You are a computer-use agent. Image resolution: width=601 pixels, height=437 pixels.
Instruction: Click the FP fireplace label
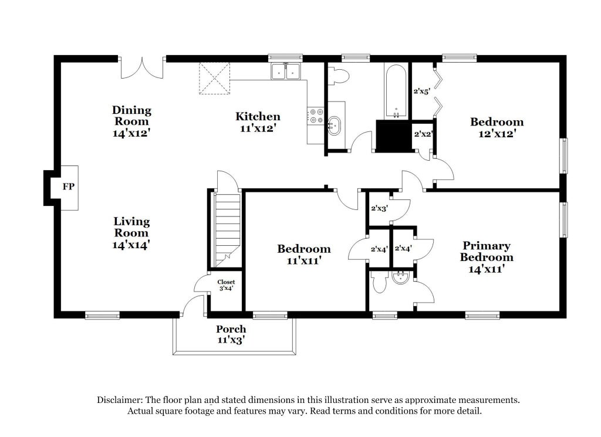click(69, 187)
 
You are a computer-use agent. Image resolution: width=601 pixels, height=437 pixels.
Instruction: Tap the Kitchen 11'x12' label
click(258, 122)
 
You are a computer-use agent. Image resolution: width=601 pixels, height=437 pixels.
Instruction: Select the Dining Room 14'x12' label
click(131, 121)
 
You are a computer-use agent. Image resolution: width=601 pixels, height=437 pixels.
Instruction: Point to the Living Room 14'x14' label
click(131, 233)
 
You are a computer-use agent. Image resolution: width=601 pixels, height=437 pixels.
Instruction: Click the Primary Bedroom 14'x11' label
click(487, 257)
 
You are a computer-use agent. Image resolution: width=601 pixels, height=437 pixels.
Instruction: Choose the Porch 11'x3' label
click(231, 334)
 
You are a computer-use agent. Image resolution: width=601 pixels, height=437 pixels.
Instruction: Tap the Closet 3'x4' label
click(226, 285)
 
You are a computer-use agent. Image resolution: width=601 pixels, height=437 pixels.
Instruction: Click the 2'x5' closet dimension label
click(421, 92)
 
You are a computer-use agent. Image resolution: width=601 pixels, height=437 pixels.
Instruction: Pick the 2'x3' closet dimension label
click(380, 209)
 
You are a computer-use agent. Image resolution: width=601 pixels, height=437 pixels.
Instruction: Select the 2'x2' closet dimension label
click(423, 134)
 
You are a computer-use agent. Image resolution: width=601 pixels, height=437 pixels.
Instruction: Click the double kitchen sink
click(286, 71)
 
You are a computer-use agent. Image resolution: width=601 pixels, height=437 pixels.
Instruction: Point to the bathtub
click(396, 92)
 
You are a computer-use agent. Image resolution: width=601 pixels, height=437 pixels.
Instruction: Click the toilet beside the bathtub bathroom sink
click(339, 76)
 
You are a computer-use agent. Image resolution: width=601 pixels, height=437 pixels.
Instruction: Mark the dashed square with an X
click(214, 79)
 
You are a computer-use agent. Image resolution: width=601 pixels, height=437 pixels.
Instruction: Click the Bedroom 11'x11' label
click(304, 255)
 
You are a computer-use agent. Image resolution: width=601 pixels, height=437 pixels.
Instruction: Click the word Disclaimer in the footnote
click(120, 400)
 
